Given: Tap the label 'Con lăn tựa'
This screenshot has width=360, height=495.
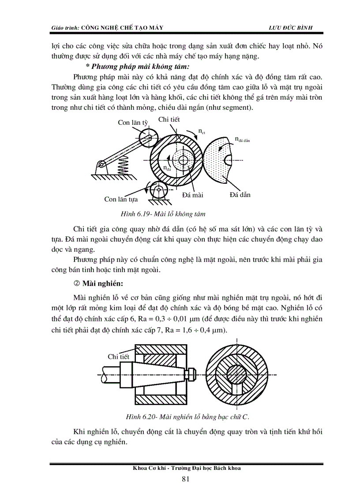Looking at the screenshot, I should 122,199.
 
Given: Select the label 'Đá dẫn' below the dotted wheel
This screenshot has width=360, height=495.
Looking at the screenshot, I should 240,194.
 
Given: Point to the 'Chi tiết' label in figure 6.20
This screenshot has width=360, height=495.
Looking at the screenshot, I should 119,357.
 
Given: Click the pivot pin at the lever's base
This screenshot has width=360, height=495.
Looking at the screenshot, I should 101,165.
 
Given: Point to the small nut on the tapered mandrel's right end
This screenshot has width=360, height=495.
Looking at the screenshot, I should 191,374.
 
